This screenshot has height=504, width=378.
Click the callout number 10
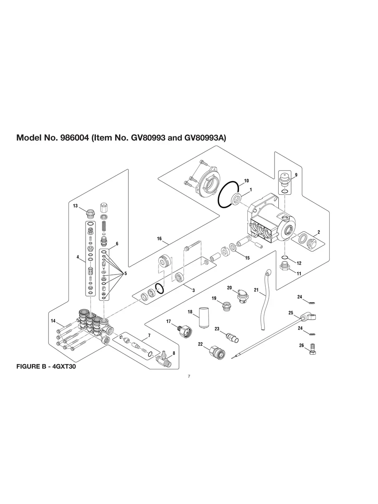pyautogui.click(x=246, y=181)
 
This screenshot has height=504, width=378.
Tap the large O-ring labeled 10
pyautogui.click(x=228, y=194)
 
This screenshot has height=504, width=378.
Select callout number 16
pyautogui.click(x=159, y=239)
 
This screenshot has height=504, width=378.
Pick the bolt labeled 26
pyautogui.click(x=313, y=349)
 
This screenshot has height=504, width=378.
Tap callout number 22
pyautogui.click(x=200, y=344)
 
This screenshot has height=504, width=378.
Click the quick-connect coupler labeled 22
pyautogui.click(x=217, y=352)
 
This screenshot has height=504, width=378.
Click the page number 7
pyautogui.click(x=189, y=376)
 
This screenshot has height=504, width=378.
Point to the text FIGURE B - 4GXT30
pyautogui.click(x=46, y=366)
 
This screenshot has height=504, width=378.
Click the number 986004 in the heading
pyautogui.click(x=74, y=138)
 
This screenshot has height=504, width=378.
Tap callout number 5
pyautogui.click(x=126, y=273)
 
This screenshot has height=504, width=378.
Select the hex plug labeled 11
pyautogui.click(x=285, y=266)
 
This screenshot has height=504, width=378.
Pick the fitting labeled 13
pyautogui.click(x=91, y=214)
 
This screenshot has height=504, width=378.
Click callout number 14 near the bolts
pyautogui.click(x=53, y=321)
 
